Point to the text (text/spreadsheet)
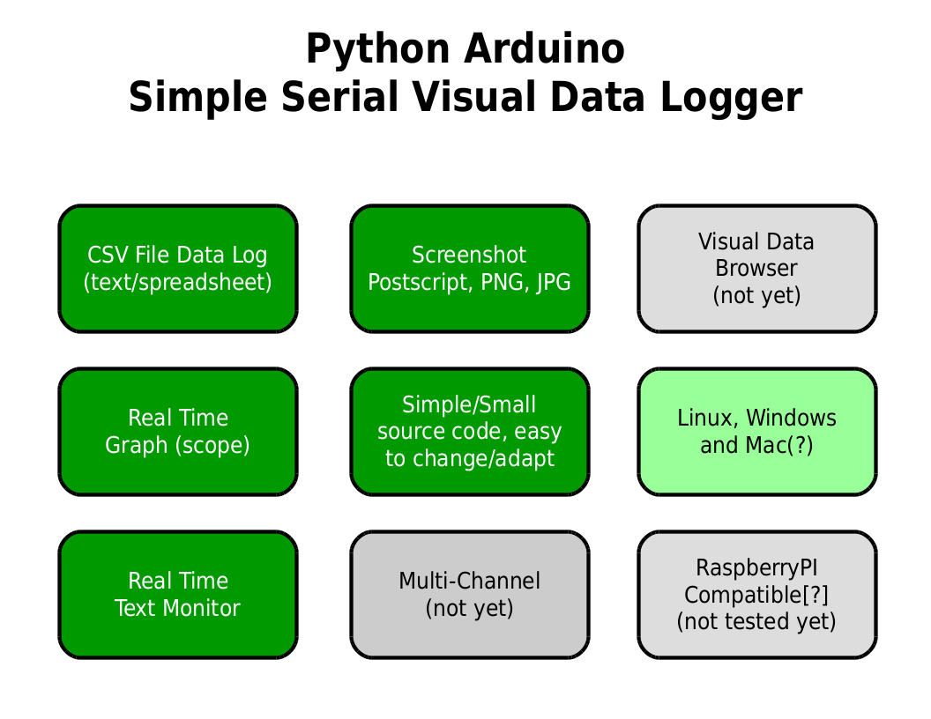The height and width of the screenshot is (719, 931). click(177, 283)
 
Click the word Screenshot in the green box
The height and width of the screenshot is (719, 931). click(469, 256)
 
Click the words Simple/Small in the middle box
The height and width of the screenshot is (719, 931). click(469, 404)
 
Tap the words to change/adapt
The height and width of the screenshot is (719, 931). click(469, 459)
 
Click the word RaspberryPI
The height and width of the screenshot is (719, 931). click(756, 567)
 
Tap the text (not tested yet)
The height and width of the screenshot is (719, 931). click(756, 622)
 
